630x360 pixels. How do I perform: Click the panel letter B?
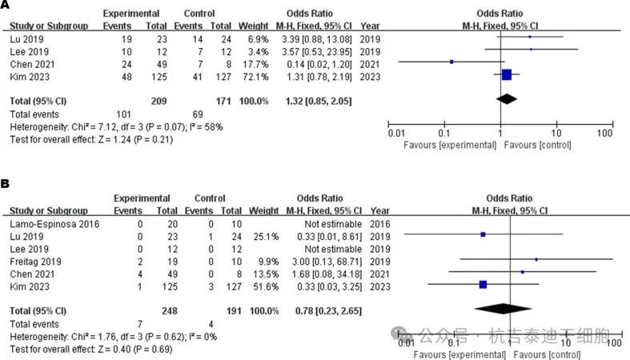(6, 183)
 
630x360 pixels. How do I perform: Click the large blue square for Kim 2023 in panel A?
(506, 74)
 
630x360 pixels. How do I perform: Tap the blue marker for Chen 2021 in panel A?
(451, 62)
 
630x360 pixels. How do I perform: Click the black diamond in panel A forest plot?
(506, 99)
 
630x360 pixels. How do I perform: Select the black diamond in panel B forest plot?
(502, 309)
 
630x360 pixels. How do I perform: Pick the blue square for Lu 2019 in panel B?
(483, 235)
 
